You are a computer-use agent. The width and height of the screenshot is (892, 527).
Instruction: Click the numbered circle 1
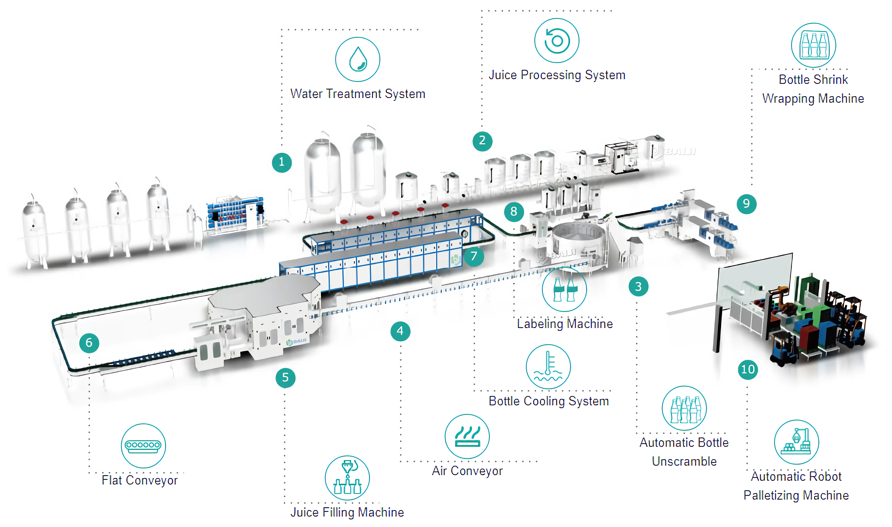[x=282, y=162]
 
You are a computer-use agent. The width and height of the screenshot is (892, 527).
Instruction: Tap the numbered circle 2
[x=482, y=141]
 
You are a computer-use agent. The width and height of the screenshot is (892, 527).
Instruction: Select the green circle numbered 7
[x=474, y=256]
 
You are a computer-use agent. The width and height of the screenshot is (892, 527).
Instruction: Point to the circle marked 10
[x=748, y=369]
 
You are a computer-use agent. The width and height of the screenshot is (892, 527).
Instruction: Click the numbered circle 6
[x=89, y=343]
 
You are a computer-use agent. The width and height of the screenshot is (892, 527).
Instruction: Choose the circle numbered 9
[x=746, y=203]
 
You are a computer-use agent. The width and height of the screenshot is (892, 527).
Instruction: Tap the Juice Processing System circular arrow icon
[x=556, y=41]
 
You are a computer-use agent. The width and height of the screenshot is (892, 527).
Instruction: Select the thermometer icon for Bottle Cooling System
[x=548, y=366]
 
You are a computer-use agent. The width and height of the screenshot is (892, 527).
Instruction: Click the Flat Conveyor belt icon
[x=143, y=445]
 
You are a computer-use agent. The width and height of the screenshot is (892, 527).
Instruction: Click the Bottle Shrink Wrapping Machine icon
[x=813, y=45]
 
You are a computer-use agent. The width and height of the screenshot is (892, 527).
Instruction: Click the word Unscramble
[x=684, y=461]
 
